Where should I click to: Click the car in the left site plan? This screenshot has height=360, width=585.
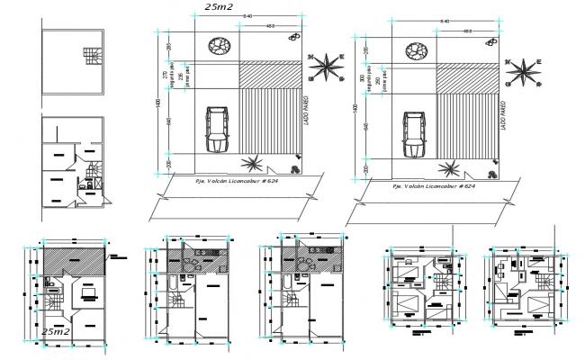tap(217, 130)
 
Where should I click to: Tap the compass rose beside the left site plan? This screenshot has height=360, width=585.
tap(328, 67)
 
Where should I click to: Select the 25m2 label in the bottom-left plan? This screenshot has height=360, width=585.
tap(57, 333)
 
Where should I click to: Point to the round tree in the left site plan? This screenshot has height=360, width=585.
tap(218, 45)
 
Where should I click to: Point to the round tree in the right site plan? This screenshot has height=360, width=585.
tap(416, 50)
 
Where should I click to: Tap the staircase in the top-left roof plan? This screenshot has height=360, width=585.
tap(91, 58)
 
